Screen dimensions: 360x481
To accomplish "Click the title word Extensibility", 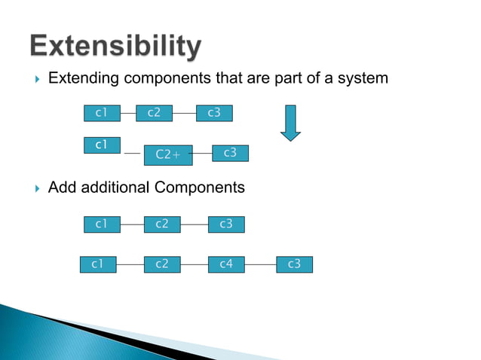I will point(115,47).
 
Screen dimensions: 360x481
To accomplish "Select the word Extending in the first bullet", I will point(82,78).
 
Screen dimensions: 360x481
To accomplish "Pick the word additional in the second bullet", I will point(118,188).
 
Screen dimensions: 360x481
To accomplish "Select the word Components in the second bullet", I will point(204,188).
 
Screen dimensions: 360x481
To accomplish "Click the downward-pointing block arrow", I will point(290,122).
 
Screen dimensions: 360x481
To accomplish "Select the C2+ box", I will point(168,154).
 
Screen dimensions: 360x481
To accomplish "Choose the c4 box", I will point(226,264).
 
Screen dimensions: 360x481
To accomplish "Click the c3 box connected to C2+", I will point(230,153).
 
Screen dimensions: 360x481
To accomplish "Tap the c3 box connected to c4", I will point(294,264).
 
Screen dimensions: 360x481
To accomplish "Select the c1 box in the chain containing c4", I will point(98,264).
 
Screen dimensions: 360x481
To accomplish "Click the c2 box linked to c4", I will point(162,264).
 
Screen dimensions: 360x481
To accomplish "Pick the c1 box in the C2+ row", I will point(102,145).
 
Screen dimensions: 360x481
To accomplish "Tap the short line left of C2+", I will point(133,154).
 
